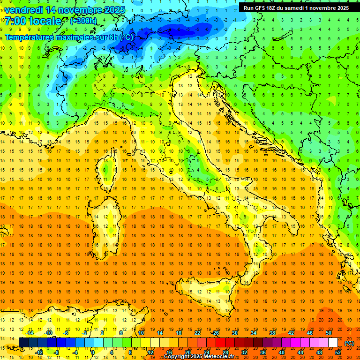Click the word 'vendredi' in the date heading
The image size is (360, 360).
pyautogui.click(x=23, y=9)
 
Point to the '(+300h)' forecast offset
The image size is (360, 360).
pyautogui.click(x=83, y=21)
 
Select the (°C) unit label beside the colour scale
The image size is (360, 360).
pyautogui.click(x=349, y=343)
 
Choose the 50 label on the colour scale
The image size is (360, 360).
pyautogui.click(x=329, y=333)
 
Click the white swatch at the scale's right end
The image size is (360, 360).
pyautogui.click(x=333, y=343)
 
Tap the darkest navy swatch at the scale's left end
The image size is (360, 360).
pyautogui.click(x=23, y=343)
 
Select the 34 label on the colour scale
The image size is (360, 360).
pyautogui.click(x=254, y=333)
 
